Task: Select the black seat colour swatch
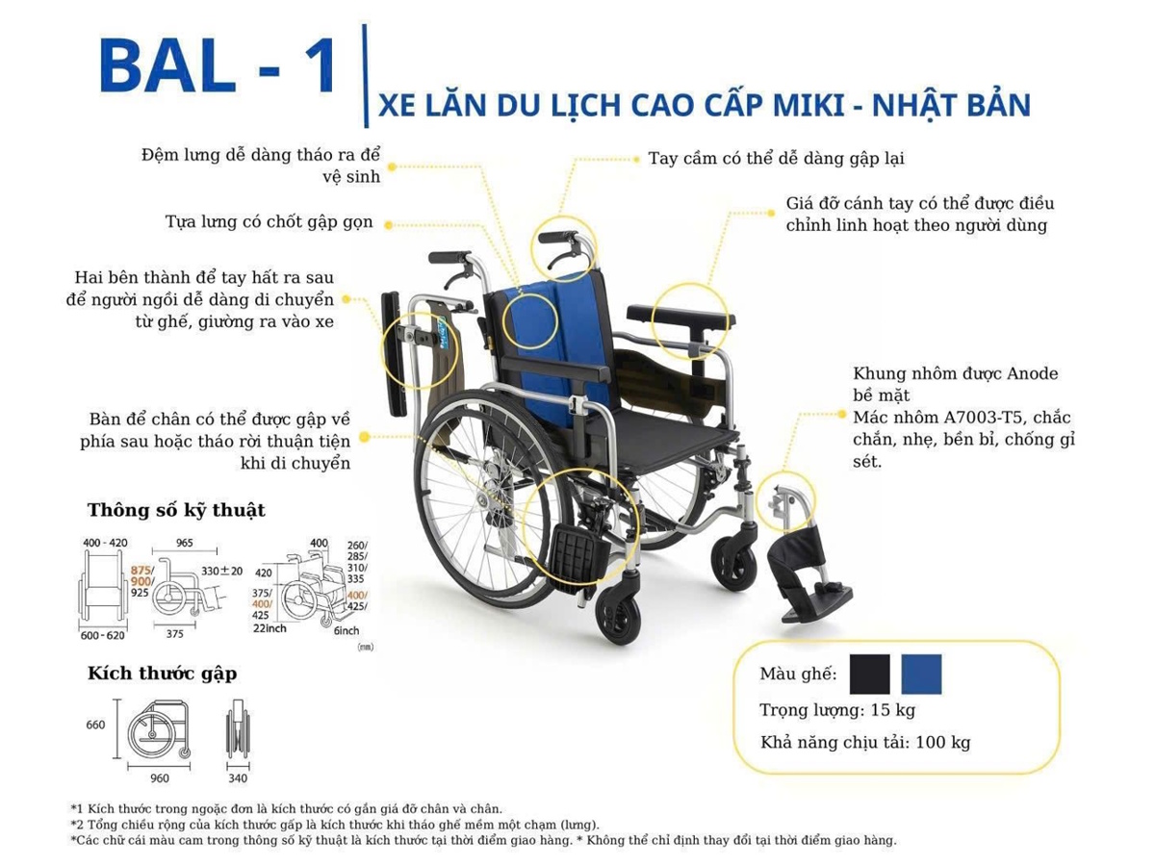pos(870,675)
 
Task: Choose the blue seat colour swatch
pos(921,675)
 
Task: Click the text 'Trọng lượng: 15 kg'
pos(836,711)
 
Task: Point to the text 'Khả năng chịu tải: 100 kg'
pos(864,743)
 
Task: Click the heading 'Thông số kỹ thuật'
pos(176,510)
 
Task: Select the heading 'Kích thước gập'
pos(162,674)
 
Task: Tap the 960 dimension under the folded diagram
pos(160,778)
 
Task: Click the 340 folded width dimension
pos(237,778)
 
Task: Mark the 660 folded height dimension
pos(95,725)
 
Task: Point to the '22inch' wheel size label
pos(269,628)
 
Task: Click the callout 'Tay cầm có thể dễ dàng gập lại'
pos(776,158)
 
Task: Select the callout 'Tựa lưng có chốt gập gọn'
pos(269,223)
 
